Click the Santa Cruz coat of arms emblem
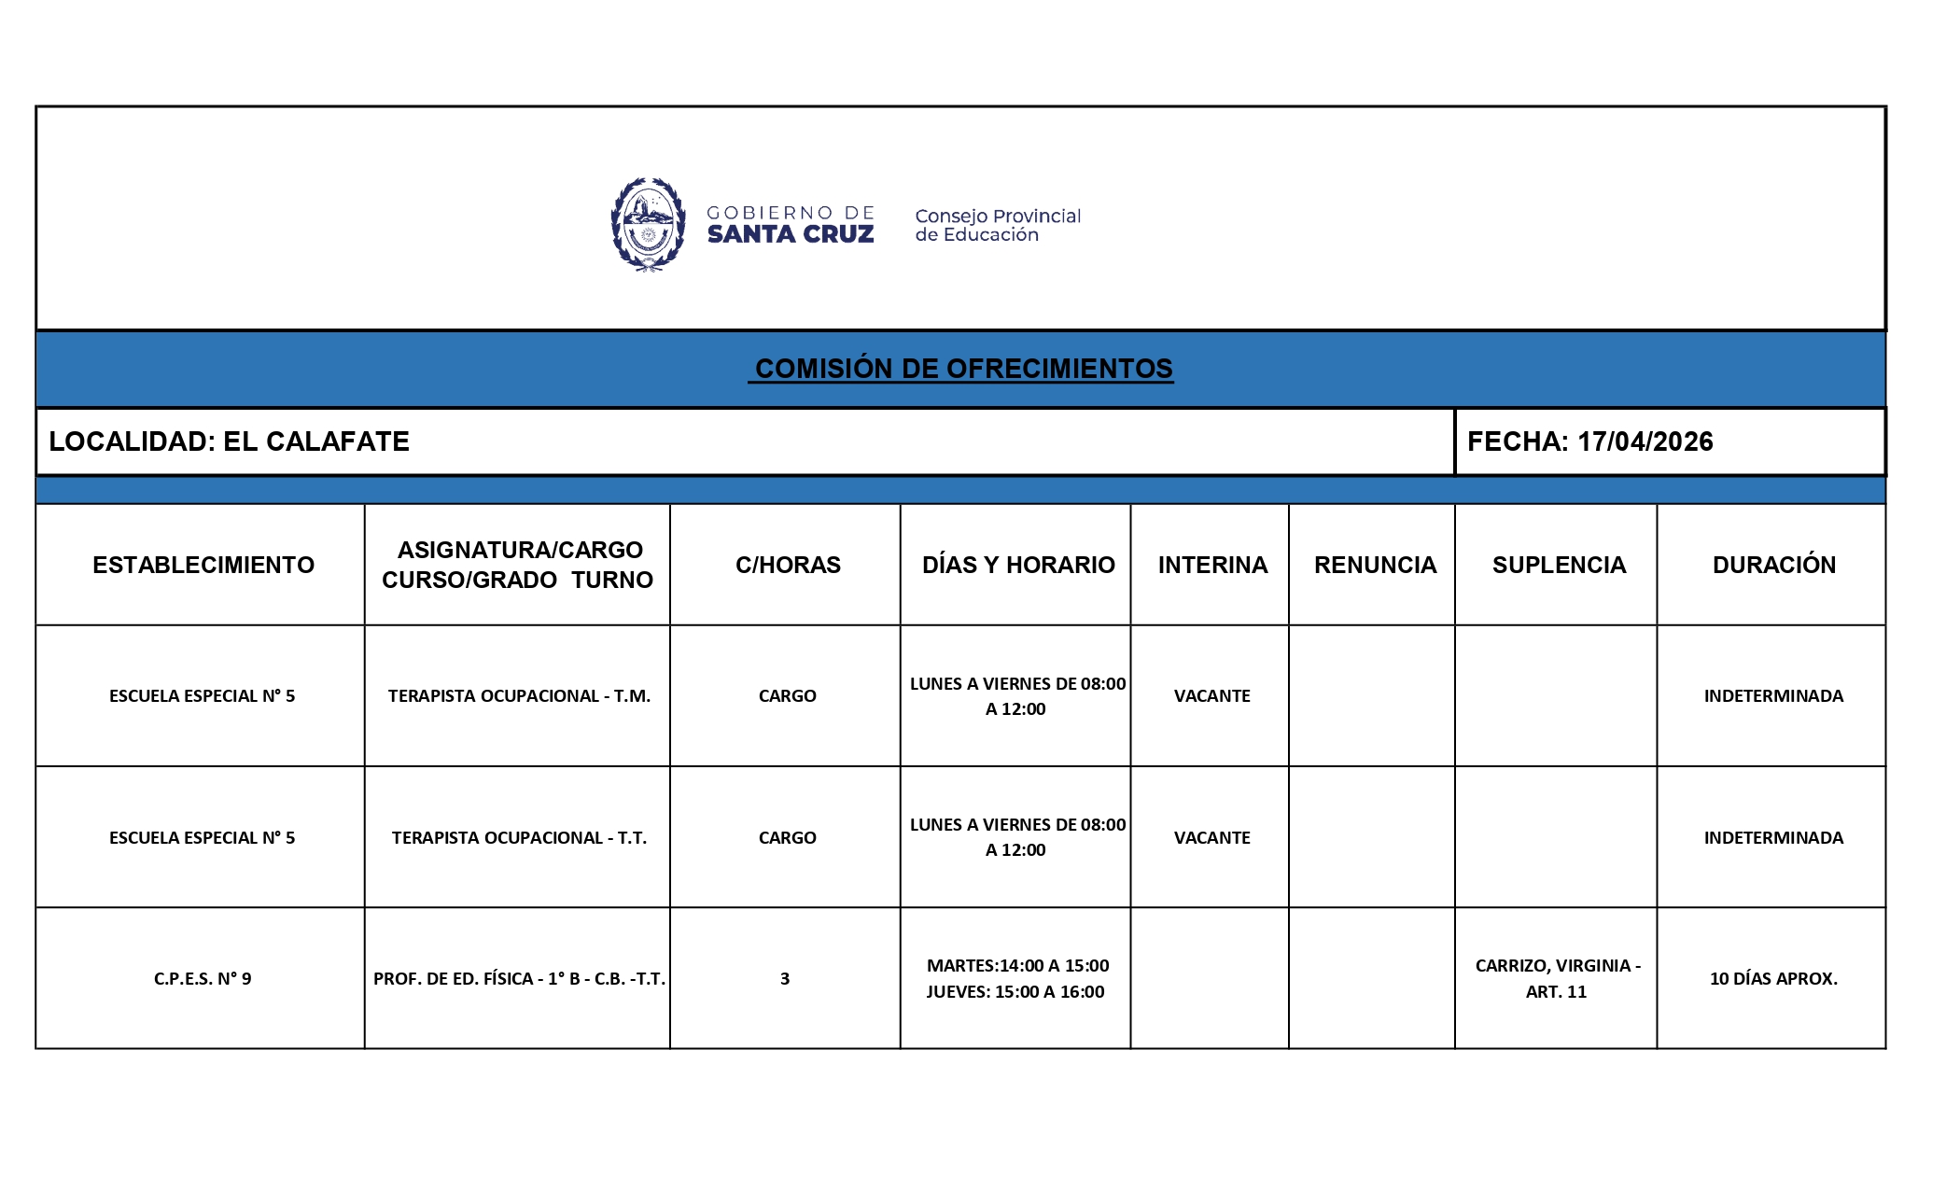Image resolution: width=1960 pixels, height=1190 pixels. pyautogui.click(x=648, y=224)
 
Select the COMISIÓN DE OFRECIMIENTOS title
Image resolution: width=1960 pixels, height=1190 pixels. pyautogui.click(x=962, y=369)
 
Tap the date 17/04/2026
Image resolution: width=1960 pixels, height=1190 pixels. pyautogui.click(x=1645, y=441)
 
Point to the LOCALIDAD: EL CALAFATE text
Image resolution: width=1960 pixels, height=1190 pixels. pyautogui.click(x=229, y=441)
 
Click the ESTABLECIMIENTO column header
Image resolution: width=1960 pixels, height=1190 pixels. pyautogui.click(x=203, y=565)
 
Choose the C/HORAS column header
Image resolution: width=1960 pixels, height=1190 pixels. pyautogui.click(x=787, y=565)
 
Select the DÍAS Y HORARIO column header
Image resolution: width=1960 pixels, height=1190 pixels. pyautogui.click(x=1017, y=565)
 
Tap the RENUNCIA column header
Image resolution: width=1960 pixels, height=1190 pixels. pyautogui.click(x=1374, y=565)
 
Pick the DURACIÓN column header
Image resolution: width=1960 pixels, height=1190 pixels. pyautogui.click(x=1773, y=565)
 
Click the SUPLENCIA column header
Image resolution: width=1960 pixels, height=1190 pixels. pyautogui.click(x=1558, y=565)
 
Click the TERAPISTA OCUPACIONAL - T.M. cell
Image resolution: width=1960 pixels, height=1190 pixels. pyautogui.click(x=519, y=696)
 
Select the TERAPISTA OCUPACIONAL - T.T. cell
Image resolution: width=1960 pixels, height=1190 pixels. pyautogui.click(x=519, y=838)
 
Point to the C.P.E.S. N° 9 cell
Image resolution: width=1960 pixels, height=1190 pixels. pyautogui.click(x=203, y=979)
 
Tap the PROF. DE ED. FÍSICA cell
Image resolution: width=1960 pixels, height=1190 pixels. pyautogui.click(x=519, y=979)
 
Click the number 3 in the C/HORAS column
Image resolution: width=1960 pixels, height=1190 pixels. pyautogui.click(x=785, y=979)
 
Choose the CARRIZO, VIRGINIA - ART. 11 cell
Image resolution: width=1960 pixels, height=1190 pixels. pyautogui.click(x=1557, y=978)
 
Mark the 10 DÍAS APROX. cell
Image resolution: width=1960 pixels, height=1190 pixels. pyautogui.click(x=1772, y=979)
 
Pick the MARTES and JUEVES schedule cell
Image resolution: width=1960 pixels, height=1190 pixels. pyautogui.click(x=1016, y=978)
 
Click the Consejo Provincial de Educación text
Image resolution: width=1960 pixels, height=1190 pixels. pyautogui.click(x=997, y=225)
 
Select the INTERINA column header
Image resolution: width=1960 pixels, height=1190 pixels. pyautogui.click(x=1211, y=565)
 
